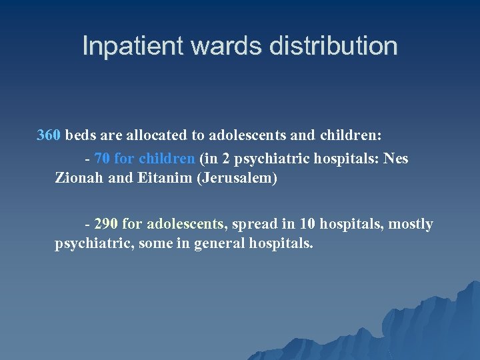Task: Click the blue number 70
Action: pos(103,159)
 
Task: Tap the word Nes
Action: pos(395,159)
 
